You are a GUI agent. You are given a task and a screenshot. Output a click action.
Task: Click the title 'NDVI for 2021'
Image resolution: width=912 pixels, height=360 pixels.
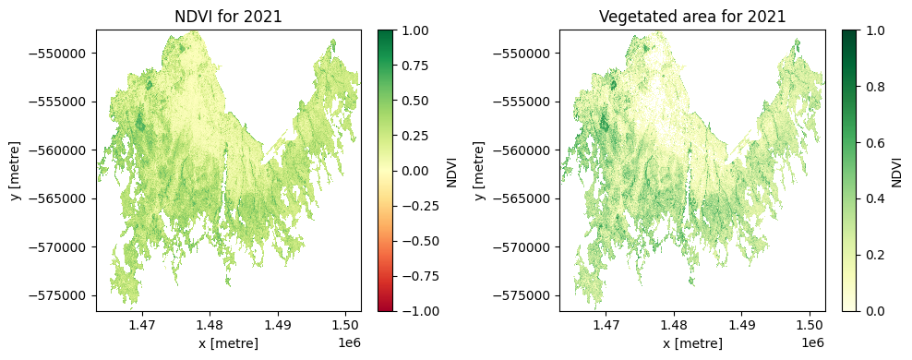(229, 17)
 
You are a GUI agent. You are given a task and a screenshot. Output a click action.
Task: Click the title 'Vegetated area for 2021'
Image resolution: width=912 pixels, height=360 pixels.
(692, 17)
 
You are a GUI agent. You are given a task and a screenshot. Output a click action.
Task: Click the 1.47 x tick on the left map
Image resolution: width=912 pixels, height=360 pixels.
(142, 325)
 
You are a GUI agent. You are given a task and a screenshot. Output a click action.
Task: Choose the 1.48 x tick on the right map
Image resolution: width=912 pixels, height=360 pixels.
(674, 325)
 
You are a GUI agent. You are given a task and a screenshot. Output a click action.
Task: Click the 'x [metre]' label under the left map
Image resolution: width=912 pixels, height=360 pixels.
(228, 343)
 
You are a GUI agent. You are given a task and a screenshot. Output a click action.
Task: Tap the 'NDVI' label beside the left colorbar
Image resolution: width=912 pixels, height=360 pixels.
(451, 171)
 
